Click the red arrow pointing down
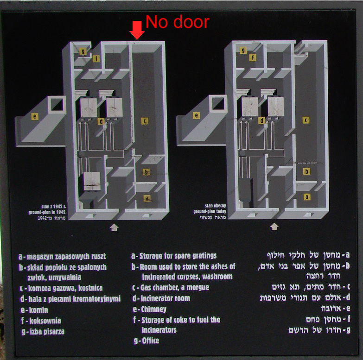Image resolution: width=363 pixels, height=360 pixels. [x=137, y=30]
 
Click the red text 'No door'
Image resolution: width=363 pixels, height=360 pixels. [x=178, y=22]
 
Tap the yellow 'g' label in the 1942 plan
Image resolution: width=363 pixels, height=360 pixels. [x=83, y=51]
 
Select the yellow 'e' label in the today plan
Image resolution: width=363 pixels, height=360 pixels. [x=196, y=115]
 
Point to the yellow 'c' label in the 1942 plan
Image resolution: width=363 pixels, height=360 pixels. [x=145, y=121]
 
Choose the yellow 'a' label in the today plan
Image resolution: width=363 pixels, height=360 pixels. [x=307, y=196]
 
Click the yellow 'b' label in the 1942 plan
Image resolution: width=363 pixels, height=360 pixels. [x=146, y=172]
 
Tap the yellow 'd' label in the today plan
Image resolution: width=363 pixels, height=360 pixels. [x=261, y=120]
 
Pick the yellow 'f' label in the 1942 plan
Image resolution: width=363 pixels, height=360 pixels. [x=96, y=58]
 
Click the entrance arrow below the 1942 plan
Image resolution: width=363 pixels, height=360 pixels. [x=114, y=227]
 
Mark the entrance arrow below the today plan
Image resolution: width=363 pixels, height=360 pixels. [x=274, y=227]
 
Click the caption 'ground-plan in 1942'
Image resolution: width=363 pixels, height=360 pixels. [x=47, y=212]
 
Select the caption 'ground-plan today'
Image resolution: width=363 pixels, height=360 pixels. [x=210, y=211]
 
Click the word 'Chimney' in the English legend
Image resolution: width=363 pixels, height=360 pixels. [x=153, y=309]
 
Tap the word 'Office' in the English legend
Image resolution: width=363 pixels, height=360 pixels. [x=151, y=341]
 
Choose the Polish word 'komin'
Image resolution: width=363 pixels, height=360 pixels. [x=38, y=310]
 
